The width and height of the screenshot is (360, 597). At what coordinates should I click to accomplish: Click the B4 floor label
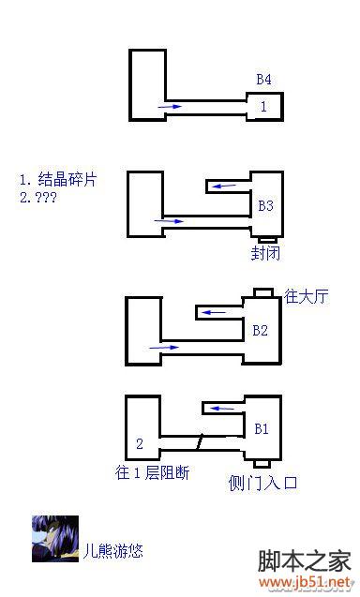click(x=264, y=79)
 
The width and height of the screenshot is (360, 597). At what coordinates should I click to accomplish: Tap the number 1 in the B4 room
click(x=263, y=107)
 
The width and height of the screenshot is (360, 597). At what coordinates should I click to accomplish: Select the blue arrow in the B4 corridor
click(x=171, y=108)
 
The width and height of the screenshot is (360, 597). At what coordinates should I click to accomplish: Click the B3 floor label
click(x=265, y=204)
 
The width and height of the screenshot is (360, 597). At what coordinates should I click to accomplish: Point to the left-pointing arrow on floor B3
click(x=223, y=186)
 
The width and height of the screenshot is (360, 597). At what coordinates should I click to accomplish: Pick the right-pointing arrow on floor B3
click(x=171, y=222)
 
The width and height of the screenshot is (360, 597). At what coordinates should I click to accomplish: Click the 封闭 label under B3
click(x=264, y=253)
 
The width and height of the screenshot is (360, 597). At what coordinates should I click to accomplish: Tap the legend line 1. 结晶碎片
click(x=57, y=179)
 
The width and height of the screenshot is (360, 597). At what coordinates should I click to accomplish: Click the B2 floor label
click(x=261, y=330)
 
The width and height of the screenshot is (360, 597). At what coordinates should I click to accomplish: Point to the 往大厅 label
click(x=307, y=297)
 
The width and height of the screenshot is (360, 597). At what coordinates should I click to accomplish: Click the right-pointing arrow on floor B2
click(x=163, y=348)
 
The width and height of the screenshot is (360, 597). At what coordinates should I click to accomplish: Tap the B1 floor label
click(x=262, y=429)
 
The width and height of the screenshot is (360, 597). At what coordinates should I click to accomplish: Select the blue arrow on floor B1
click(x=221, y=409)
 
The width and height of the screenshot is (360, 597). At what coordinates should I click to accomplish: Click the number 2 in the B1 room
click(x=139, y=443)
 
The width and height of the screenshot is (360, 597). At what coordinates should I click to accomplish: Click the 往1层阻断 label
click(x=153, y=472)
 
